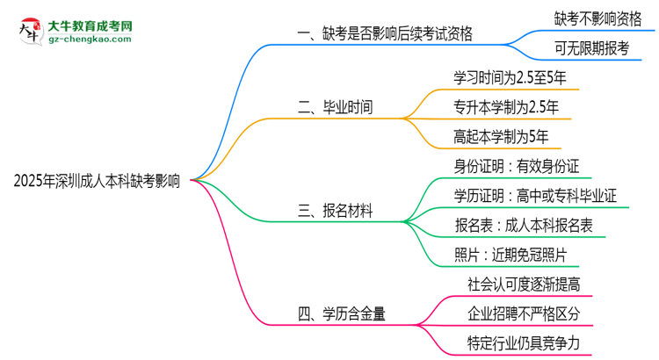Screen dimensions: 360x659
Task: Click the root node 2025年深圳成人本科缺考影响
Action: click(98, 182)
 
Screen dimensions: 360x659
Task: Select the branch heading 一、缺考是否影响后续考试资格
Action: click(386, 34)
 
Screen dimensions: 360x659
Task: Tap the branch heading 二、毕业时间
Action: click(336, 108)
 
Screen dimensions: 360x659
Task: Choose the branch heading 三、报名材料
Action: click(336, 211)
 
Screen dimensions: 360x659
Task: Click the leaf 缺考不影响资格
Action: click(597, 18)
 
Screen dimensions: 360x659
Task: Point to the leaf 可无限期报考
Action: click(591, 49)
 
